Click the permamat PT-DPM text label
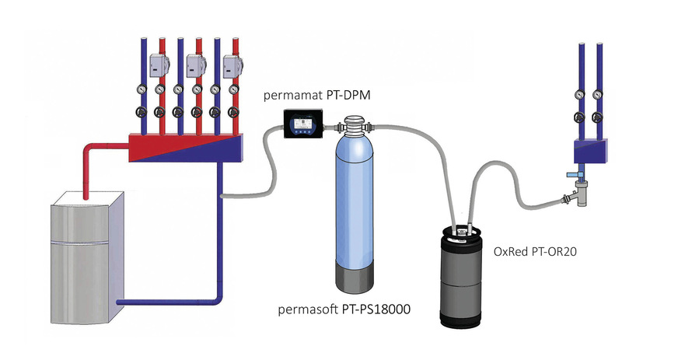click(317, 95)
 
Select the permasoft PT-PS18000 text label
click(344, 309)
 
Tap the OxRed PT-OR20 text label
click(535, 251)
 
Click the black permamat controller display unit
click(303, 124)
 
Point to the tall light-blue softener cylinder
click(355, 203)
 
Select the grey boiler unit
click(87, 257)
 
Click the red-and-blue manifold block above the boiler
click(186, 148)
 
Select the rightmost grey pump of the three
click(232, 65)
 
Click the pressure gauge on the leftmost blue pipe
click(142, 89)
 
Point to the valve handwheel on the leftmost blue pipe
click(142, 112)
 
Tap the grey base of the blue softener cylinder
click(355, 276)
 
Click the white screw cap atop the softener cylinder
click(355, 123)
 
